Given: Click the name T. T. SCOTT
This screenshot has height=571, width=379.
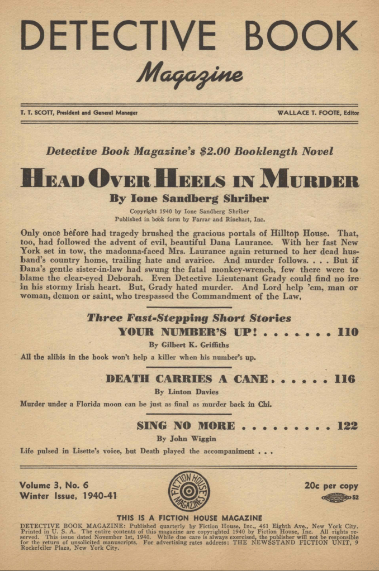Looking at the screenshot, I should point(33,112).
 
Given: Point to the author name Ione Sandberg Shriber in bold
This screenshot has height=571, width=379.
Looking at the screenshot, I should point(189,198).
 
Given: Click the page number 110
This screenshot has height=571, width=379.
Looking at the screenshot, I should point(347,333).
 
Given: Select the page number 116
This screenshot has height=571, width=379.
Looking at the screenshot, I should point(345,379).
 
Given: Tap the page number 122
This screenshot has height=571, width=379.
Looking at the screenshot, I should point(347,426).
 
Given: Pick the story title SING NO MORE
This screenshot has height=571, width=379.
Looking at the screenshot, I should point(186,426).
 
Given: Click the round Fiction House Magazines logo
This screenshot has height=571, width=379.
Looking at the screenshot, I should point(189,492).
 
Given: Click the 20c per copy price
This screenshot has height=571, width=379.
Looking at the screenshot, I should point(331,486).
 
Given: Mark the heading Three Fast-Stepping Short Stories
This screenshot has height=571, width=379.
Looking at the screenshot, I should point(188,318).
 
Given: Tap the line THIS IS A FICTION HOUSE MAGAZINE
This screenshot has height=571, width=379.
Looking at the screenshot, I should point(189,518).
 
